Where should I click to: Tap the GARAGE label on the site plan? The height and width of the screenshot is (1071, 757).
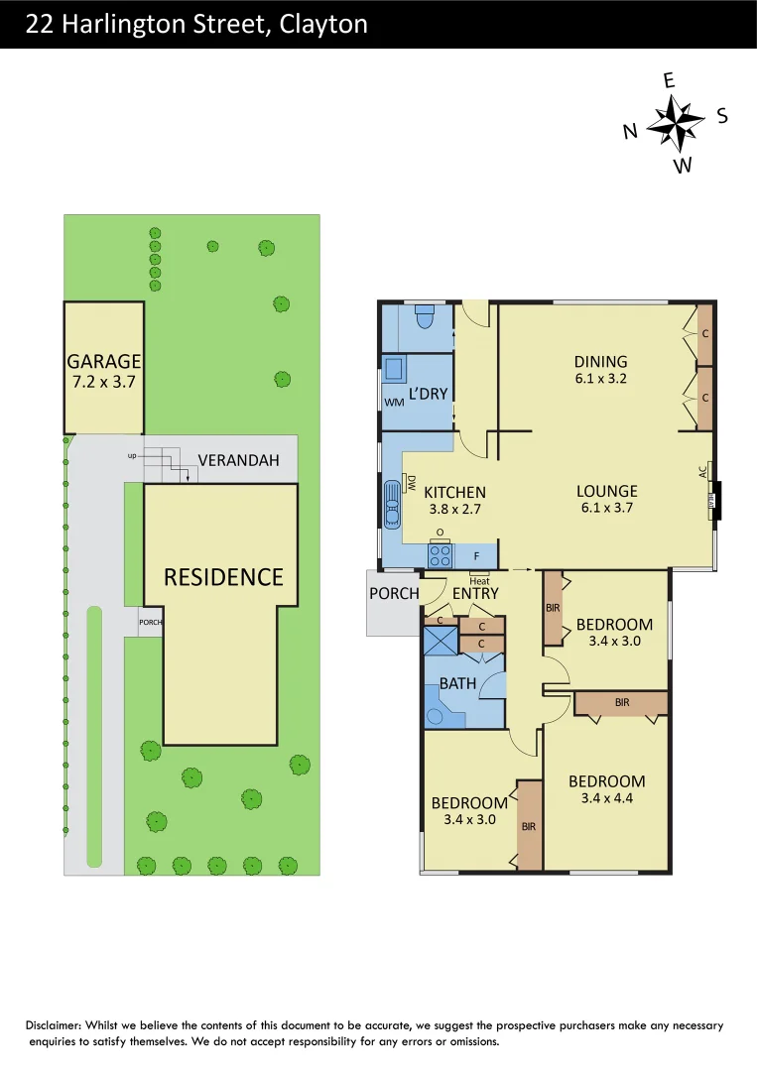tap(103, 361)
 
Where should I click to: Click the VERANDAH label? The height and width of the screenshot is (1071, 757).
tap(238, 460)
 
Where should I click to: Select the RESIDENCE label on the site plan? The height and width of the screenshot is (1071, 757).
tap(223, 576)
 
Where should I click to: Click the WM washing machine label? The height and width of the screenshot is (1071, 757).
tap(393, 402)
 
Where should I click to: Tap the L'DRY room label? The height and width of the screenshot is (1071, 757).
tap(429, 394)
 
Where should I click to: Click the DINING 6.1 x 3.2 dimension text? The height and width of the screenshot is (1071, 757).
tap(601, 378)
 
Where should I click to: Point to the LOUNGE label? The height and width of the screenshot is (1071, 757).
tap(606, 491)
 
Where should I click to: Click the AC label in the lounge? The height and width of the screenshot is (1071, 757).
tap(703, 473)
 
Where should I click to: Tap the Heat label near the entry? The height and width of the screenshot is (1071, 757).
tap(479, 581)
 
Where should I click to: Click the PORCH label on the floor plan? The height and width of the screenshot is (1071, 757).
tap(394, 594)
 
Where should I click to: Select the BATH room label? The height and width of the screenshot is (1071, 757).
tap(457, 683)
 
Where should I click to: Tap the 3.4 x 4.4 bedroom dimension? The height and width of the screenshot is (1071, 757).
tap(606, 798)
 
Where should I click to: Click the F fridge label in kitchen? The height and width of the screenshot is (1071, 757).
tap(476, 555)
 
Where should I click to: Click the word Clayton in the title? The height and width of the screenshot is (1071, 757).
tap(323, 24)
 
